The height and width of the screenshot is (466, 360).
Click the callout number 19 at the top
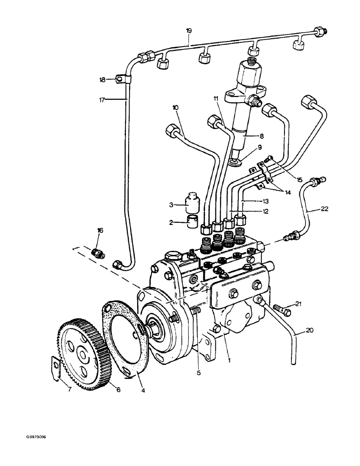[189, 31]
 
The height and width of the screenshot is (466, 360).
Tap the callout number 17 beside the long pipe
[103, 99]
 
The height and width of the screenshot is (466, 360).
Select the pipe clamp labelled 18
[122, 80]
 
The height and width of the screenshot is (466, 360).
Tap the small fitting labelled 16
[99, 254]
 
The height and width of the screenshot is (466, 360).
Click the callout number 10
[175, 108]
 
